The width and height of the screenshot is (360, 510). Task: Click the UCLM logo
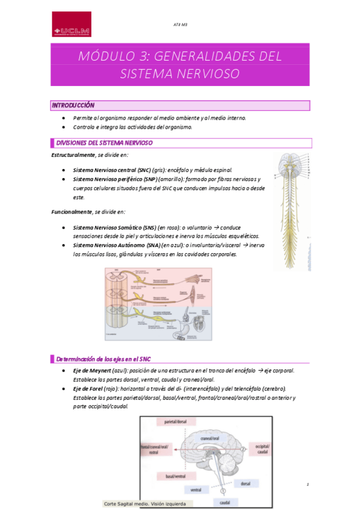(72, 25)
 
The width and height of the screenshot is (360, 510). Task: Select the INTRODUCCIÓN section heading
(73, 105)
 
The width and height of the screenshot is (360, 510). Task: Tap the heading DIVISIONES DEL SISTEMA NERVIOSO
(104, 143)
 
